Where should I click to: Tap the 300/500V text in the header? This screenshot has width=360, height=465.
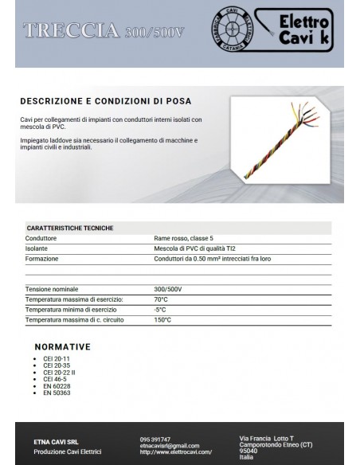[153, 33]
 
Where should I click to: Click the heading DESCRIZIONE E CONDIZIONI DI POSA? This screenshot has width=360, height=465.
[105, 102]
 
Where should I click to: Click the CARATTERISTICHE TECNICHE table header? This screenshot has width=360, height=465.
[70, 228]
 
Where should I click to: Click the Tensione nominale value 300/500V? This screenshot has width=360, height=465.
[168, 289]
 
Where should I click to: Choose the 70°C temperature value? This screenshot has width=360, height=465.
[161, 299]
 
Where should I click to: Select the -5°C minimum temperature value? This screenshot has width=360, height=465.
[160, 309]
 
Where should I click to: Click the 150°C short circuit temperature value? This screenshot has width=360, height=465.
[162, 319]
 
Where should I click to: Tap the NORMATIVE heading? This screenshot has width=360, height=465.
[63, 346]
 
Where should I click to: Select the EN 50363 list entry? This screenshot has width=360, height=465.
[57, 393]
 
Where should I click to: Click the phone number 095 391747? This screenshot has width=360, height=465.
[155, 439]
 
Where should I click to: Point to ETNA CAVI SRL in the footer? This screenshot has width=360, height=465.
[56, 441]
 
